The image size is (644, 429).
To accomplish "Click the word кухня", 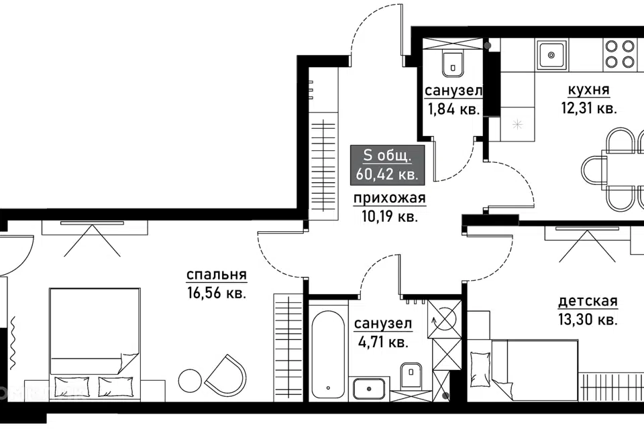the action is (x=588, y=90).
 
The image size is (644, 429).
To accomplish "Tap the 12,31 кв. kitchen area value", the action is (x=589, y=109).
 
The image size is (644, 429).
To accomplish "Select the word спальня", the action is (x=217, y=275).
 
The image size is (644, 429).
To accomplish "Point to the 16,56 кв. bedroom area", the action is (x=217, y=293).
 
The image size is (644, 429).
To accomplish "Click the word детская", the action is (x=588, y=301).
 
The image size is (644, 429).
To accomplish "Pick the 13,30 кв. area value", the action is (x=588, y=319).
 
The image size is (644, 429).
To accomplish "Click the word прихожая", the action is (x=390, y=198).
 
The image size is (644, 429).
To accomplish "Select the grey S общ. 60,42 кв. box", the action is (x=387, y=165).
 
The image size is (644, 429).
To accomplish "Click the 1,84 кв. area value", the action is (x=453, y=109).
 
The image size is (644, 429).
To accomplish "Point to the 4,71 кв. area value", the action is (x=382, y=342).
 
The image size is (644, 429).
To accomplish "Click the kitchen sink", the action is (x=551, y=54).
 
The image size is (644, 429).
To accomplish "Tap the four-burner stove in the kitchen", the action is (x=620, y=54).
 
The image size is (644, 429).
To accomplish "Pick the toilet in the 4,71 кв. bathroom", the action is (x=411, y=375).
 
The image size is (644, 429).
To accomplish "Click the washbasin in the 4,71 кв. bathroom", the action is (x=369, y=389).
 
